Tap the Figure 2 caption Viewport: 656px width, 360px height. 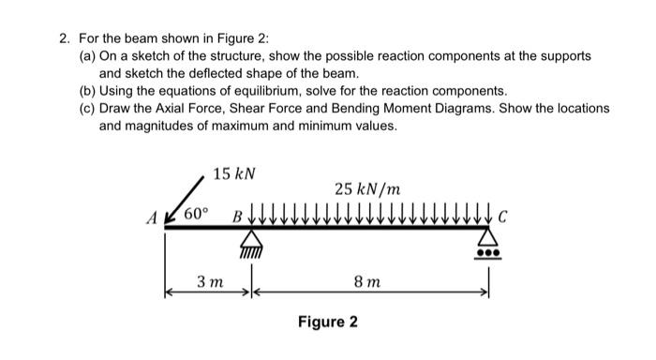pos(327,322)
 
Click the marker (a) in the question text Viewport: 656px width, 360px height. pos(87,56)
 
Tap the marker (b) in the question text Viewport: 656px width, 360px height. pos(87,92)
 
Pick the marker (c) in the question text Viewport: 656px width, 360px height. pos(87,109)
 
